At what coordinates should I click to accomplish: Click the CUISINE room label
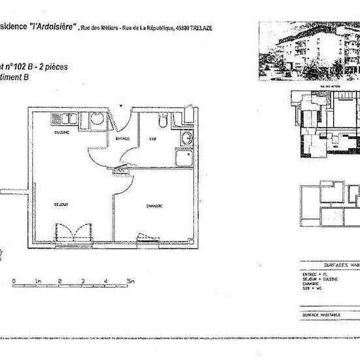[x=63, y=133]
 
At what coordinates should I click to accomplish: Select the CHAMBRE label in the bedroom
[x=154, y=206]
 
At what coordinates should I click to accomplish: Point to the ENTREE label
[x=122, y=139]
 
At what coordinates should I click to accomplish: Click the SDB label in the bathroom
[x=152, y=139]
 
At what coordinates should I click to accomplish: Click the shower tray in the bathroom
[x=183, y=159]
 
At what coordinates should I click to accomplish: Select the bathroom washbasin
[x=187, y=138]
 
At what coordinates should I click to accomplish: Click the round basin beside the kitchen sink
[x=96, y=119]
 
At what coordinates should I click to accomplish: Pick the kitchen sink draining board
[x=65, y=119]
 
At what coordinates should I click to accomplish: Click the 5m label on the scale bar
[x=131, y=280]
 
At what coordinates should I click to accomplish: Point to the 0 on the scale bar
[x=14, y=280]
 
